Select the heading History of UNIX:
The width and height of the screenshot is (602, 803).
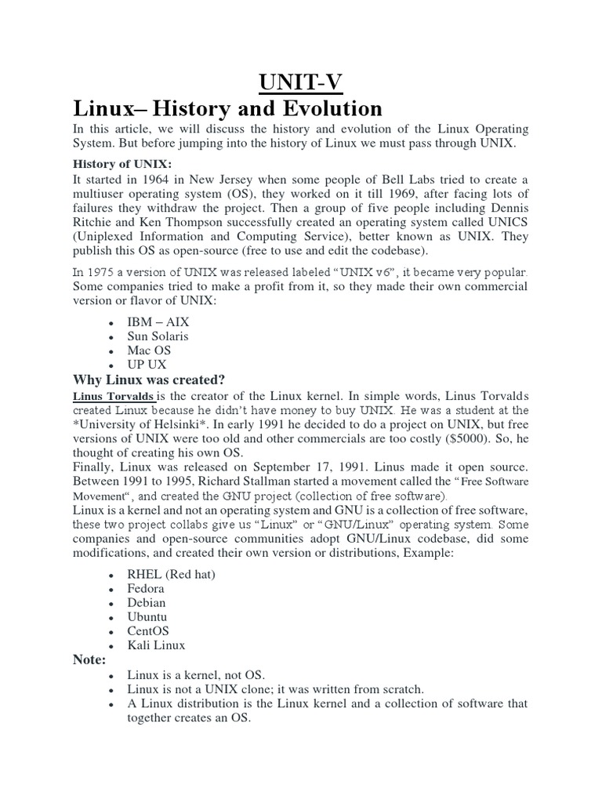[121, 163]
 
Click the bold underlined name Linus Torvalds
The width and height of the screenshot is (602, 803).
[113, 396]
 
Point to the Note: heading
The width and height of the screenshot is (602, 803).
[89, 659]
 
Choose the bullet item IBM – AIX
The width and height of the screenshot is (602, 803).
[158, 322]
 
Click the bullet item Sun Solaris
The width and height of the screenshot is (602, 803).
[158, 336]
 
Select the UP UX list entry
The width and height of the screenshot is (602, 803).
[148, 365]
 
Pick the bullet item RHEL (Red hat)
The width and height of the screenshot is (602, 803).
[171, 574]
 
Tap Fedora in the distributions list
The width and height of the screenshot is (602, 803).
[147, 588]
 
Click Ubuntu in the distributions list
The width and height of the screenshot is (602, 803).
[147, 616]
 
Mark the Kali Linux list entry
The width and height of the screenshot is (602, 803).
[157, 645]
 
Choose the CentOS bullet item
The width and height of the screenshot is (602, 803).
[148, 630]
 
